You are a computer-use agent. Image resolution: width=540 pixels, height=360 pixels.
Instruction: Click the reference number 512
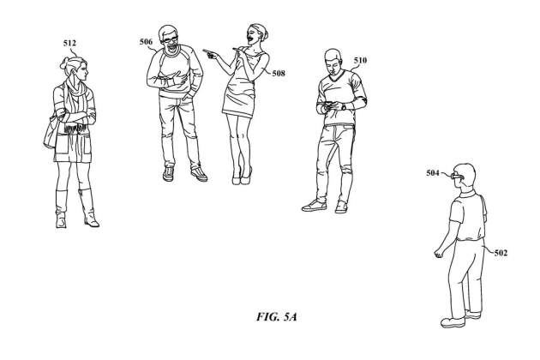[x=69, y=43]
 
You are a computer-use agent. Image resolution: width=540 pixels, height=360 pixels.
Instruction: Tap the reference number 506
[x=146, y=42]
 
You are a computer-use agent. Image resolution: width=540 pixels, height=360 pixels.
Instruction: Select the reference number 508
[x=279, y=73]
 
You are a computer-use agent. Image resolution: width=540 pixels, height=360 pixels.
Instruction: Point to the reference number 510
[x=360, y=60]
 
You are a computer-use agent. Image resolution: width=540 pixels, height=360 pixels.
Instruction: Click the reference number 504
[x=433, y=172]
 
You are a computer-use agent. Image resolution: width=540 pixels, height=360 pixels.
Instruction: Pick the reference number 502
[x=501, y=253]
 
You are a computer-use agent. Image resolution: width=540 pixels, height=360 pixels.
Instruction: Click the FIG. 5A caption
[x=276, y=316]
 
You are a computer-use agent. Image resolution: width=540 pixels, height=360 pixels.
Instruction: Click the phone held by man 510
[x=327, y=104]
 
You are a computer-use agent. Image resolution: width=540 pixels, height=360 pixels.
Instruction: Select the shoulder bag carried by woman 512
[x=51, y=131]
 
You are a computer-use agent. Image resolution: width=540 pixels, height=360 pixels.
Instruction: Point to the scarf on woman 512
[x=75, y=100]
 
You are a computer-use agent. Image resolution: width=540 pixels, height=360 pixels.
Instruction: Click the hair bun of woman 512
[x=64, y=63]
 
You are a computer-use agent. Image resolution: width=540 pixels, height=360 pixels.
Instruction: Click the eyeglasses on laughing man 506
[x=170, y=39]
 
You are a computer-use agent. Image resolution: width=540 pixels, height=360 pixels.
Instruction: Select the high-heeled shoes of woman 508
[x=242, y=177]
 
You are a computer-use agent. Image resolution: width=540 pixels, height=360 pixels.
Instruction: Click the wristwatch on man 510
[x=344, y=106]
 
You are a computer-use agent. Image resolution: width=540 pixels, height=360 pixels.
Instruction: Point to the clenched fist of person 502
[x=438, y=254]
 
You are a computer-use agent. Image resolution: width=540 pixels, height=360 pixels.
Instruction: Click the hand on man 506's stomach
[x=179, y=77]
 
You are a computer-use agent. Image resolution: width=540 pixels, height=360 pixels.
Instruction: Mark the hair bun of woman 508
[x=266, y=34]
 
